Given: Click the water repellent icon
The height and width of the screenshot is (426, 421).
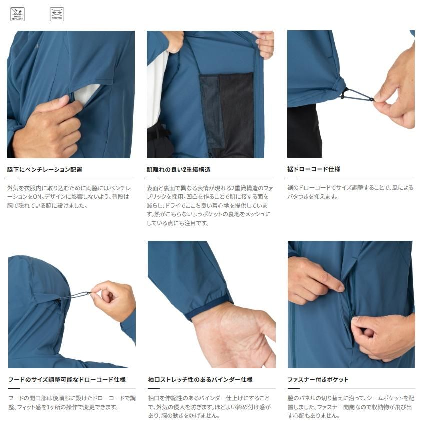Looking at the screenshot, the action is [17, 14].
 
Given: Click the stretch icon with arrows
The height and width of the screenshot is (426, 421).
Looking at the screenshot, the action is [57, 14].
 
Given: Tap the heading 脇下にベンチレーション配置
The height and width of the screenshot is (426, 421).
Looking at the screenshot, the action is [44, 170].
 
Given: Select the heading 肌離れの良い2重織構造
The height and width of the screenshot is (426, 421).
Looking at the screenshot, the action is [178, 170].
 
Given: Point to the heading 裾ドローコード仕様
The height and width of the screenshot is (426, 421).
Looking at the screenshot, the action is [314, 169].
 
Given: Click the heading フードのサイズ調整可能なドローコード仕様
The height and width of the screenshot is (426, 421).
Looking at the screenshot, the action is [67, 379].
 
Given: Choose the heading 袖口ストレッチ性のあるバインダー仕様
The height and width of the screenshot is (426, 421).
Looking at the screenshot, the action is [200, 379].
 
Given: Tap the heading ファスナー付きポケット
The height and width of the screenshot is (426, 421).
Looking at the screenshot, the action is [318, 379].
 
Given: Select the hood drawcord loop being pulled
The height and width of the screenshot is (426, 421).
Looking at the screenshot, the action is [79, 295].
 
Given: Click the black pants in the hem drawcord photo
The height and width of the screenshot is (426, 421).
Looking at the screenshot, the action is [304, 131].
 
